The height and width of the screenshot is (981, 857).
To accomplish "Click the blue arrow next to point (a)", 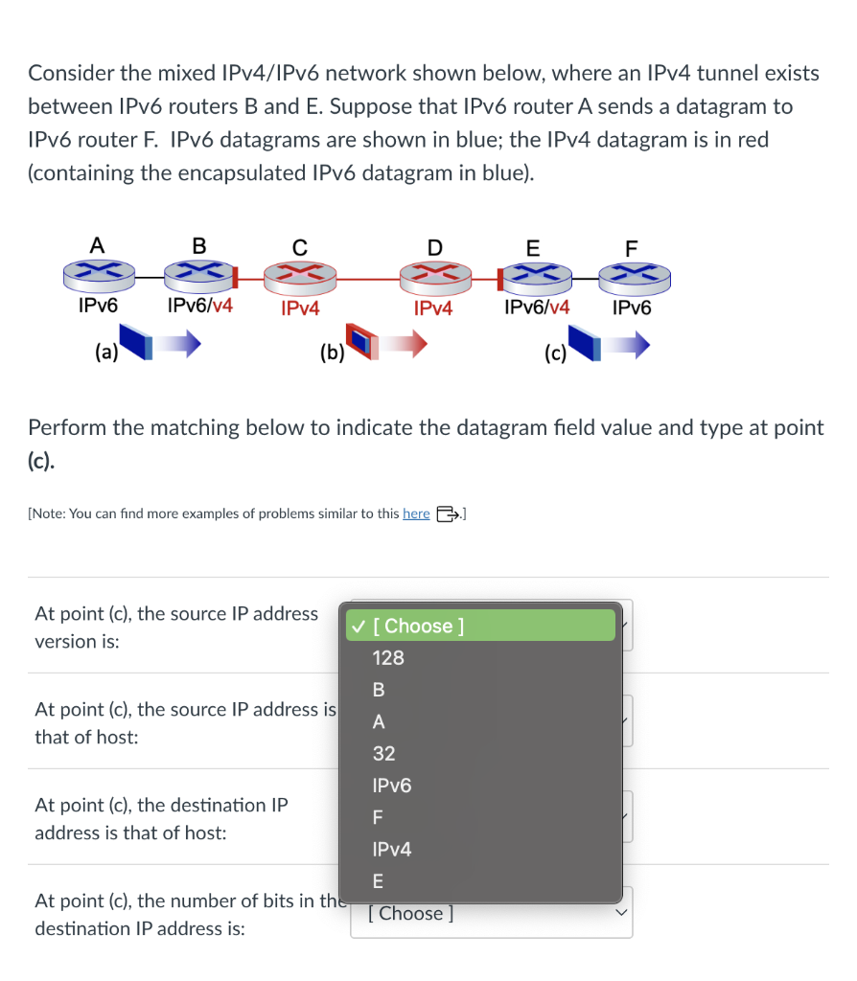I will click(x=179, y=343).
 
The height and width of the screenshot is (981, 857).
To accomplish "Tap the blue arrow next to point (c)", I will click(x=628, y=344).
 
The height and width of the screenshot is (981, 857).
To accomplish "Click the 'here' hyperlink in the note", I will click(x=416, y=513).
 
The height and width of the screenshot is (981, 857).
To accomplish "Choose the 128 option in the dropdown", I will click(x=388, y=658).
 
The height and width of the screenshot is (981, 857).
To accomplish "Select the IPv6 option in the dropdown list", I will click(x=392, y=786).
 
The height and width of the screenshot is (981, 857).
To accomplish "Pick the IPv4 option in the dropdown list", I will click(x=392, y=849).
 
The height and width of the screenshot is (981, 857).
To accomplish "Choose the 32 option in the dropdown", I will click(x=383, y=754).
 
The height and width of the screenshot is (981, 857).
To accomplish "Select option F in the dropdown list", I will click(x=378, y=817).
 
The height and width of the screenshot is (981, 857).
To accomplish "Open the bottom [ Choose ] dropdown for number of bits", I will click(x=491, y=913).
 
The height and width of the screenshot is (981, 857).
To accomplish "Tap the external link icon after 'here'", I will click(x=447, y=513).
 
